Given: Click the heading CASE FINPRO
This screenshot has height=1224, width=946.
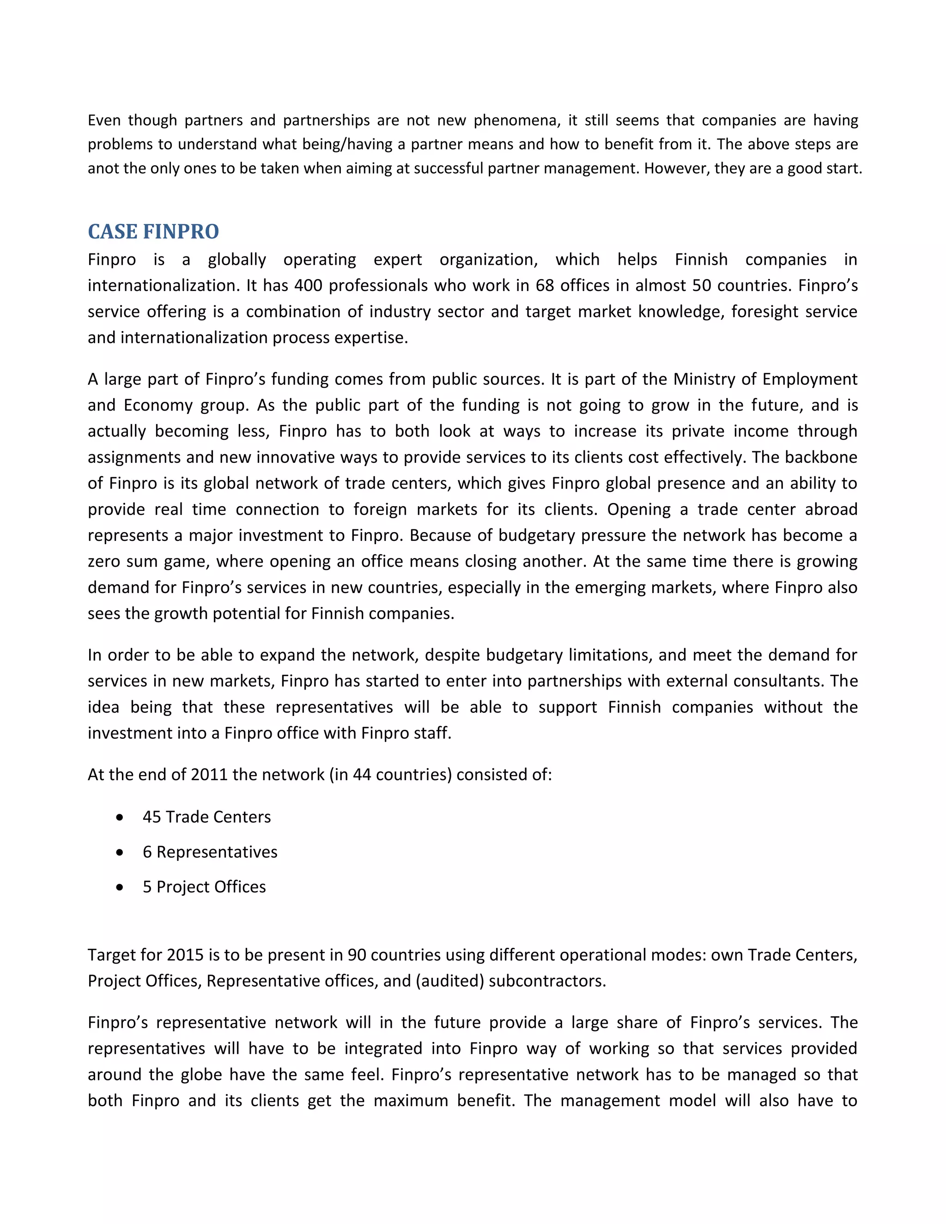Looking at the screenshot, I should pos(153,231).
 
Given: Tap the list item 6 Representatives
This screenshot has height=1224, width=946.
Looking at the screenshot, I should pos(210,852).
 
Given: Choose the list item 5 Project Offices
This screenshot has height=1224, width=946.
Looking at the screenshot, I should pos(204,887).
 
